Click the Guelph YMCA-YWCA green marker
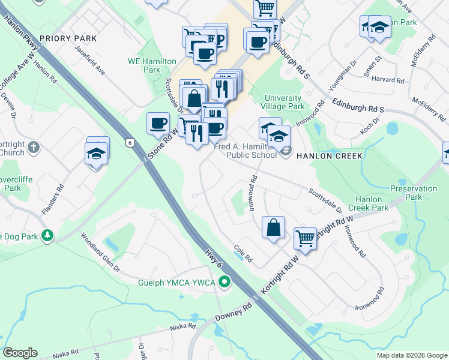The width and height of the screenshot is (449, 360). tap(225, 281)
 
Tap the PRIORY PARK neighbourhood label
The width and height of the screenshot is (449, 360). tap(68, 38)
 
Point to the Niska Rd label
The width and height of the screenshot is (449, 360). tap(183, 326)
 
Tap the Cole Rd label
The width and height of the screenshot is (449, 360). tap(243, 249)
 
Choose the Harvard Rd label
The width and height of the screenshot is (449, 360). tap(388, 80)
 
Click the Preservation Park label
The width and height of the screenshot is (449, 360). tap(414, 192)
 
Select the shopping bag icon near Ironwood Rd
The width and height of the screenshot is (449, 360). tap(273, 227)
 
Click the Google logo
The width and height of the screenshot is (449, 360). tap(20, 353)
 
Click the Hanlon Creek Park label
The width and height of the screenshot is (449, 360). tap(373, 203)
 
